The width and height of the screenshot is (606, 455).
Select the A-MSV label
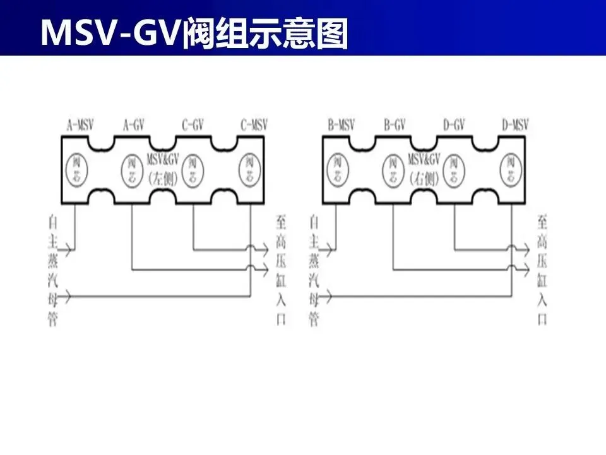pos(81,125)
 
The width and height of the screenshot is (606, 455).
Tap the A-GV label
pos(133,125)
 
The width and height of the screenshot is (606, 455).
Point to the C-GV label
pos(193,125)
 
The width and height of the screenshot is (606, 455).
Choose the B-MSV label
pos(342,125)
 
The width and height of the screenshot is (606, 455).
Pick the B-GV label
pos(395,125)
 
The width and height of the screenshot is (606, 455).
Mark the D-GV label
pos(454,125)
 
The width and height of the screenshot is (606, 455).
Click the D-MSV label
pos(515,125)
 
